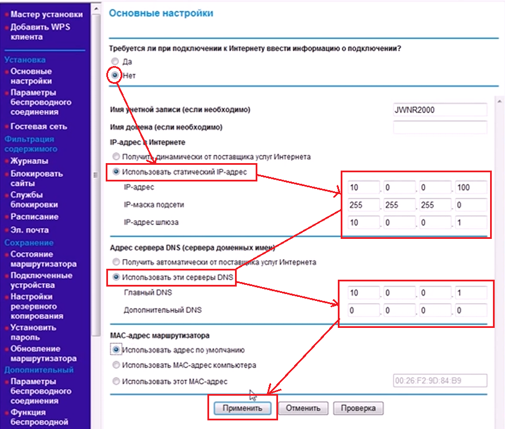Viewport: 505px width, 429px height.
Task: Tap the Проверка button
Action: click(358, 408)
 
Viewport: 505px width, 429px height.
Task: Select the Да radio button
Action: click(115, 61)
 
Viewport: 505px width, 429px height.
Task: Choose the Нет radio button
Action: click(115, 75)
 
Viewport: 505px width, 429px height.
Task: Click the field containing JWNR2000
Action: click(440, 110)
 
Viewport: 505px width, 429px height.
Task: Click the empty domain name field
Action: click(440, 127)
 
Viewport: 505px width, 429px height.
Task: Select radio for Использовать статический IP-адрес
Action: click(117, 171)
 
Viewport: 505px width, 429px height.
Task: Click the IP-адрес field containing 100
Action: click(471, 187)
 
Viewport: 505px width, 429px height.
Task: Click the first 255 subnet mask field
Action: click(363, 205)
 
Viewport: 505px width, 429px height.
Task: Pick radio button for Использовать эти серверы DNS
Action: click(117, 277)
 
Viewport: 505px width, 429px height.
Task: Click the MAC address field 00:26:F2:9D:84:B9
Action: click(440, 381)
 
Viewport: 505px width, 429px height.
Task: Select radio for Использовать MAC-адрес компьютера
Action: click(117, 365)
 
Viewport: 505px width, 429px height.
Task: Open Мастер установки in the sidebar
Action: click(47, 14)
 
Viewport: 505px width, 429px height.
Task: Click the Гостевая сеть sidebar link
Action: click(38, 126)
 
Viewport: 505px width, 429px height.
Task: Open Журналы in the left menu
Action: click(29, 161)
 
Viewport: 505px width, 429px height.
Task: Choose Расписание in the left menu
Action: click(34, 217)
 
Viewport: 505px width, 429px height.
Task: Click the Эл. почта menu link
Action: click(30, 230)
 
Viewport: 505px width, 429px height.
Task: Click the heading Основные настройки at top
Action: click(161, 13)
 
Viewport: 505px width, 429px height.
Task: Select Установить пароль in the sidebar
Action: click(33, 332)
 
